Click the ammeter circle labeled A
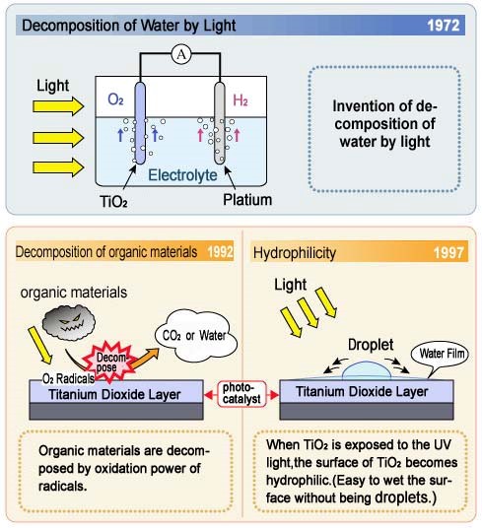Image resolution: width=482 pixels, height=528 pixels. tap(181, 54)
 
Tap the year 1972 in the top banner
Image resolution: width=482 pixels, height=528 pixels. tap(444, 26)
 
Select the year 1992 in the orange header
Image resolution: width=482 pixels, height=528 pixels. tap(220, 252)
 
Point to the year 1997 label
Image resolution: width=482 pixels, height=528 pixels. tap(448, 252)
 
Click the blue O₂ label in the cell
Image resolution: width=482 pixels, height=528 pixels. tap(115, 99)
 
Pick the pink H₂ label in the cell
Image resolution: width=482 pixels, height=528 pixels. tap(241, 100)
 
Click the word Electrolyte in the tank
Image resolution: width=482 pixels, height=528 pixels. tap(182, 175)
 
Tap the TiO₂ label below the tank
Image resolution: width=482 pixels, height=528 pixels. tap(113, 202)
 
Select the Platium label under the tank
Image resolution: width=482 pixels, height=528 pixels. tap(247, 200)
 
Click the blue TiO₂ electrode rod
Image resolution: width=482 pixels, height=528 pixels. tap(140, 122)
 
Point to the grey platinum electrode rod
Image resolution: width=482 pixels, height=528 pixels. tap(220, 122)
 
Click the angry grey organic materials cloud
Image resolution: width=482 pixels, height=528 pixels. tap(69, 322)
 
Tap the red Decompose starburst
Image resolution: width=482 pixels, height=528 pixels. tap(109, 362)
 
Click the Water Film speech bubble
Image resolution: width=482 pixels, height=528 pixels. tap(441, 355)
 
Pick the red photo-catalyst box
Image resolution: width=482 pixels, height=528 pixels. tap(241, 393)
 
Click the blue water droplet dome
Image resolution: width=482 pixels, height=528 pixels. tap(367, 370)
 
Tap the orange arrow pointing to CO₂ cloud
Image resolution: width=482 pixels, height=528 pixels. tap(144, 358)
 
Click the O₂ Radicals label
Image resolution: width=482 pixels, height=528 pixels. tap(68, 379)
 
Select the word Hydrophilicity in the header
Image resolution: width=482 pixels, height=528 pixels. tap(295, 253)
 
